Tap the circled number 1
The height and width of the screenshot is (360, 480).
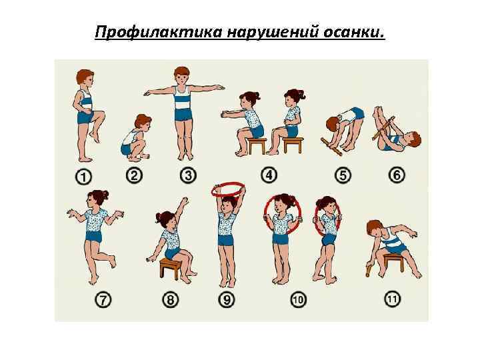pos(83,177)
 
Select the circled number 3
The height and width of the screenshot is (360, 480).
pos(188,175)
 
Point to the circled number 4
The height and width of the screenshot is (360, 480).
pos(269,175)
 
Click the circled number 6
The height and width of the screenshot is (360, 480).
pos(397,175)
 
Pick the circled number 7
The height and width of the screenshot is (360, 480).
pos(103,300)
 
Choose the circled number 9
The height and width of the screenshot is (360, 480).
pos(227,300)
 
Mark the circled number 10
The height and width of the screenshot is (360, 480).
pos(298,300)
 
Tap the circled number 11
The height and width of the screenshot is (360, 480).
pos(392,299)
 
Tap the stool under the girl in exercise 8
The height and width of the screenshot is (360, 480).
pos(169,267)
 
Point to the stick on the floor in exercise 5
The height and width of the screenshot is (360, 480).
pos(331,147)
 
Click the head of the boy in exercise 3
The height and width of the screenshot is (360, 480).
pos(182,75)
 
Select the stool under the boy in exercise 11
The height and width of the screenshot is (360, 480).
pos(393,262)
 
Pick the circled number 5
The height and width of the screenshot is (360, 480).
pos(343,175)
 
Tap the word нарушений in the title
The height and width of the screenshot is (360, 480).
pos(273,32)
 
